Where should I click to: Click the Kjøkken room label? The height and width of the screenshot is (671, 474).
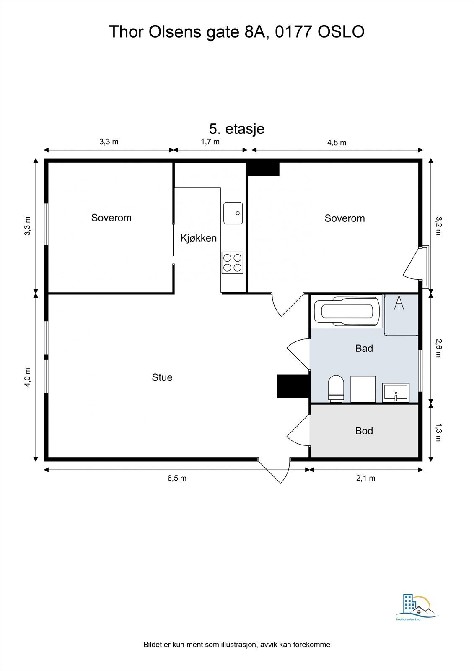[198, 238]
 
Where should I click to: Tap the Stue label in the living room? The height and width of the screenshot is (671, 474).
[162, 377]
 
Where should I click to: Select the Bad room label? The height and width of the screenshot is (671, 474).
[364, 349]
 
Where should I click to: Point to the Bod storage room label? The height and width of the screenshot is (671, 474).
[364, 431]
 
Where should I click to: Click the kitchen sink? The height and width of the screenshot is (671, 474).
[233, 213]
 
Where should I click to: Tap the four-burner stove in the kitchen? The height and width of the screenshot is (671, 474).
[232, 263]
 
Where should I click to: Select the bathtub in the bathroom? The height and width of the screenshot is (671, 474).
[346, 311]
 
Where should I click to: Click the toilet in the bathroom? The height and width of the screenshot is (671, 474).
[336, 388]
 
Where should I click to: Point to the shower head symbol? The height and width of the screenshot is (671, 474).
[399, 303]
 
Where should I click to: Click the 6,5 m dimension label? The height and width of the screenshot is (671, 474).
[177, 478]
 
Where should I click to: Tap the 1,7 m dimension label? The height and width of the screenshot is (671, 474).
[210, 142]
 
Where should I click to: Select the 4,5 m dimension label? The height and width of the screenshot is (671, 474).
[337, 143]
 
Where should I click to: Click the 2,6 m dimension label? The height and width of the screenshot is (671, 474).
[438, 348]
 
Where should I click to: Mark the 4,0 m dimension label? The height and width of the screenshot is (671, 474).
[28, 377]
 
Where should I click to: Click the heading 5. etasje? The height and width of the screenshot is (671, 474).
[236, 129]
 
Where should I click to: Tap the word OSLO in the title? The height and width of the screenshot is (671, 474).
[341, 32]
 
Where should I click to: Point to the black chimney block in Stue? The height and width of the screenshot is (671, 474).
[293, 386]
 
